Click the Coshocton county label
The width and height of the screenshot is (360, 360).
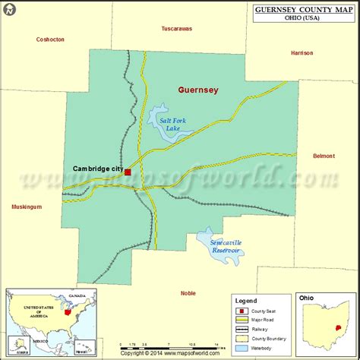tap(51, 39)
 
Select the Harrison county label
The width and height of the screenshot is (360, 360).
tap(302, 53)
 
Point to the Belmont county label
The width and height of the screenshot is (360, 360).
tap(324, 156)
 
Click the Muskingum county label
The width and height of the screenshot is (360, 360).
tap(27, 207)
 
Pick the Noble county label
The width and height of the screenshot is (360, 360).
tap(188, 292)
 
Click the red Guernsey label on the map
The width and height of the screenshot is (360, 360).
tap(197, 90)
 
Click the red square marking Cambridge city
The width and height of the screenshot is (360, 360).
tap(128, 172)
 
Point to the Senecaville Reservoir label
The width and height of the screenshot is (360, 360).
tap(226, 248)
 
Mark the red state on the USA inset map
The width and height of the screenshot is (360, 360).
tap(69, 311)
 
